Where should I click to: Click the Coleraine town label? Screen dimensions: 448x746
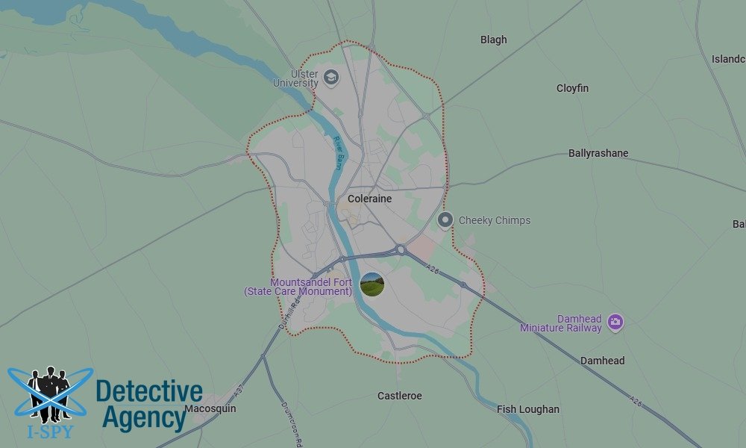pos(369,199)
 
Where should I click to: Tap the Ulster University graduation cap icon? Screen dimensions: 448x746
pos(330,76)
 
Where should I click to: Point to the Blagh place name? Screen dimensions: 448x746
pos(493,40)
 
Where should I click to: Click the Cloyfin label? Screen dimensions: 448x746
pos(572,88)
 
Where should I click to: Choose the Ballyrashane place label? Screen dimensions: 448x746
pos(598,153)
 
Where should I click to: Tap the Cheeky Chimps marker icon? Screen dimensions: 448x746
pos(445,220)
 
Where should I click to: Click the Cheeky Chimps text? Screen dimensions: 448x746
pos(495,220)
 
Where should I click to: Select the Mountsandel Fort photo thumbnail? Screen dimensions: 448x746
pos(372,284)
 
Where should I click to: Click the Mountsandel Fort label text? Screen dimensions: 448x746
pos(298,287)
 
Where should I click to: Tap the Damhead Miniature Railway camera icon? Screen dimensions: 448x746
pos(615,322)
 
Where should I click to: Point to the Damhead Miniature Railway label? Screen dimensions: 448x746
pos(561,323)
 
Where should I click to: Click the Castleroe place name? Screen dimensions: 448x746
pos(399,396)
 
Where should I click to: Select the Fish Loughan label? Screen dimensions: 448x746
pos(528,409)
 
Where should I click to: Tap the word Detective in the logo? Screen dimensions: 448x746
pos(149,392)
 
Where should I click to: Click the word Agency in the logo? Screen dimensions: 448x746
pos(144,418)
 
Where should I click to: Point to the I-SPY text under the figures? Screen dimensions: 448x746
pos(50,430)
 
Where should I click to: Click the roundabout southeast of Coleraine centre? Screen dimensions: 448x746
pos(401,250)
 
